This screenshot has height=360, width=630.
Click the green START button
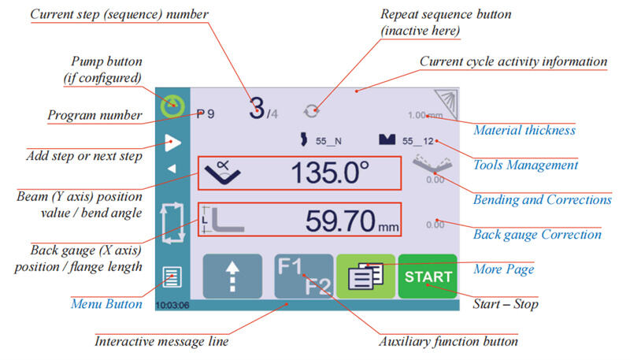[x=427, y=276]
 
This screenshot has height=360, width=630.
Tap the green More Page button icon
[x=365, y=276]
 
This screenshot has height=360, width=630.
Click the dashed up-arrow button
[x=233, y=276]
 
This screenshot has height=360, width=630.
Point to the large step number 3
[x=256, y=109]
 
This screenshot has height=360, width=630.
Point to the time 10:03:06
[x=173, y=304]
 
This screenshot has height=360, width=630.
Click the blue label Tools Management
[x=525, y=165]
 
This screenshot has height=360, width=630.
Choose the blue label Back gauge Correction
[x=537, y=234]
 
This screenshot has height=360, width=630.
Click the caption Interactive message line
[x=162, y=342]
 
